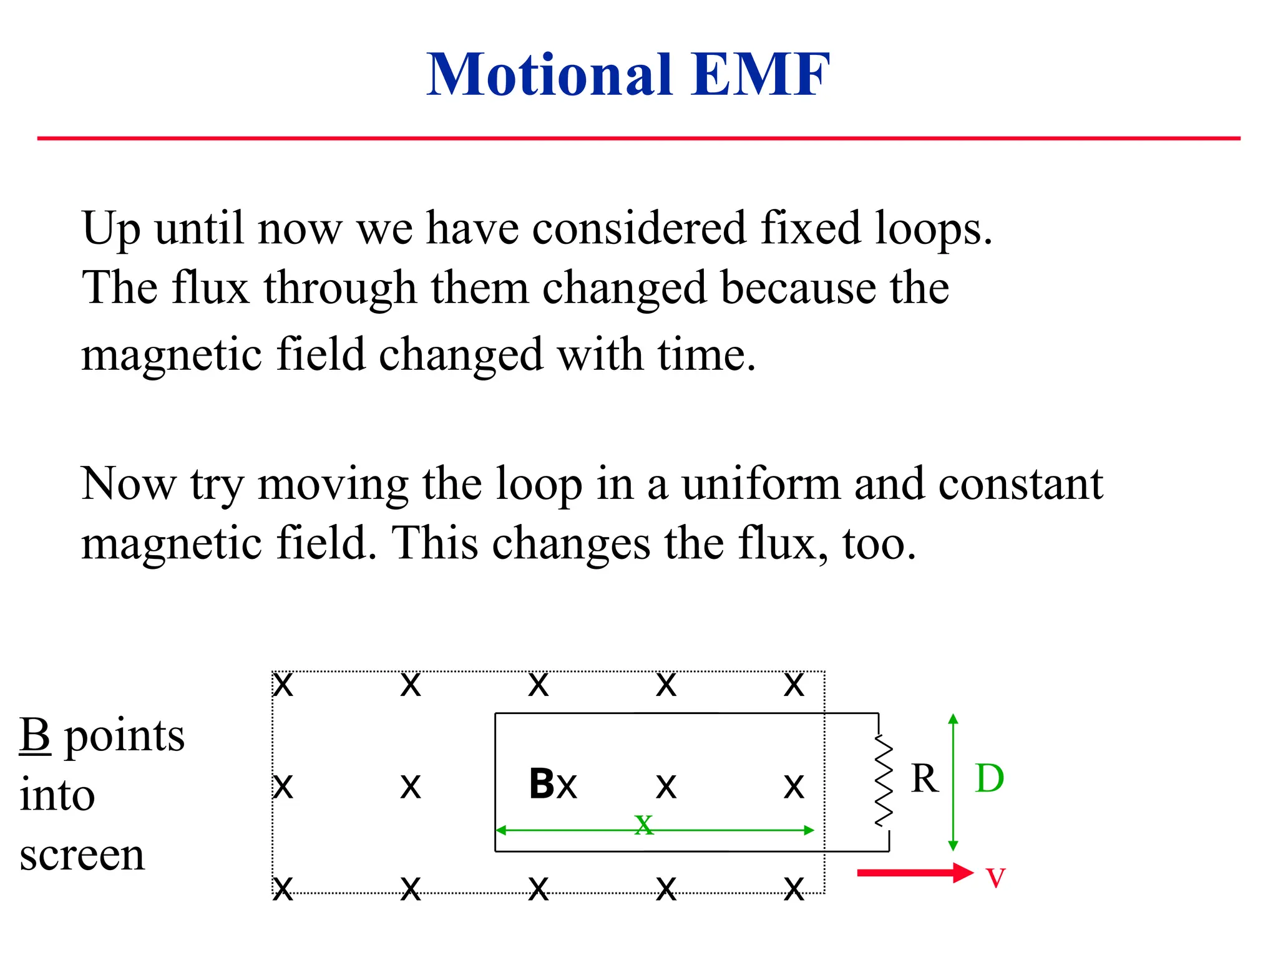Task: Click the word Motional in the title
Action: (x=549, y=75)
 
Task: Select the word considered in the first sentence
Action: (x=639, y=228)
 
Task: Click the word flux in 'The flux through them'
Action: (x=211, y=288)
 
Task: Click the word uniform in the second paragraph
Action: (x=761, y=484)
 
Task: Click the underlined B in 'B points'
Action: (x=35, y=736)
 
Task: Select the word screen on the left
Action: (x=82, y=855)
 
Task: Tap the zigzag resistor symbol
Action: (x=883, y=781)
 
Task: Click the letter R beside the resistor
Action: (x=924, y=778)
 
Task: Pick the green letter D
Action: (x=989, y=778)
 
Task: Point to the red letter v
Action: (x=995, y=877)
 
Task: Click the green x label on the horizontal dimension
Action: (x=643, y=824)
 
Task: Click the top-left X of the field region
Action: (x=283, y=685)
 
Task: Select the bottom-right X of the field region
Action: (x=794, y=888)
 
